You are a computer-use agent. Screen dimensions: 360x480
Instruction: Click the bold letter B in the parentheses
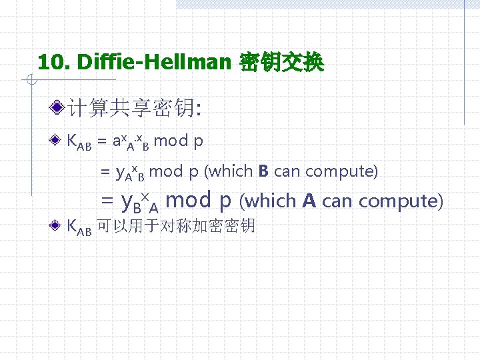coord(263,171)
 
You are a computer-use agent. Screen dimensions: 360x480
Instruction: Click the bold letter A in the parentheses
coord(309,200)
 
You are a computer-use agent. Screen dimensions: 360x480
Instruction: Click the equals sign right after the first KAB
coord(101,141)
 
